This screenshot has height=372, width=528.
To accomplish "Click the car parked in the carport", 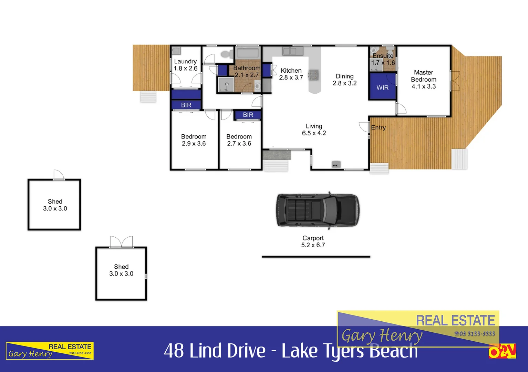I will [x=317, y=210].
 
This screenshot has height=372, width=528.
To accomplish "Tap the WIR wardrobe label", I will [x=382, y=88].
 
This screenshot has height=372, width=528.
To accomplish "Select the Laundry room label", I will [x=185, y=61].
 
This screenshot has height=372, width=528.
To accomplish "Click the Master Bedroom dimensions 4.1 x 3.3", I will [x=424, y=86].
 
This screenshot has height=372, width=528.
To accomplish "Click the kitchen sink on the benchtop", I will [x=293, y=51].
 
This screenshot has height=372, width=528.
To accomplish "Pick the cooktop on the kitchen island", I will [x=313, y=75].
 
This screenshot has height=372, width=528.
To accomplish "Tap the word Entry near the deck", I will [x=378, y=127].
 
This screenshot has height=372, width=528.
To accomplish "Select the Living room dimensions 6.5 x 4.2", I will [x=314, y=133].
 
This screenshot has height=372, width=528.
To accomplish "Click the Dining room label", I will [x=344, y=76].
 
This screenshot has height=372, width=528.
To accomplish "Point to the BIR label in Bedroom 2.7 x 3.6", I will [x=248, y=115].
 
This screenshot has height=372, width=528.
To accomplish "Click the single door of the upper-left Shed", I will [x=59, y=175].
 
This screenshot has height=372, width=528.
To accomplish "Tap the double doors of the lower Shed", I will [x=121, y=242].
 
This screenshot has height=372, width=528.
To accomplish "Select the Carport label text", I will [x=313, y=238].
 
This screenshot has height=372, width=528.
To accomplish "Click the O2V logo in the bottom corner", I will [x=502, y=351].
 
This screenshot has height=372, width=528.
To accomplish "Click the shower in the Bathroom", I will [x=226, y=85].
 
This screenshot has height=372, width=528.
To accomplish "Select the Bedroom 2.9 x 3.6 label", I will [x=194, y=137].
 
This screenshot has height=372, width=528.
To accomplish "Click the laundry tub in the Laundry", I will [x=176, y=51].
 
